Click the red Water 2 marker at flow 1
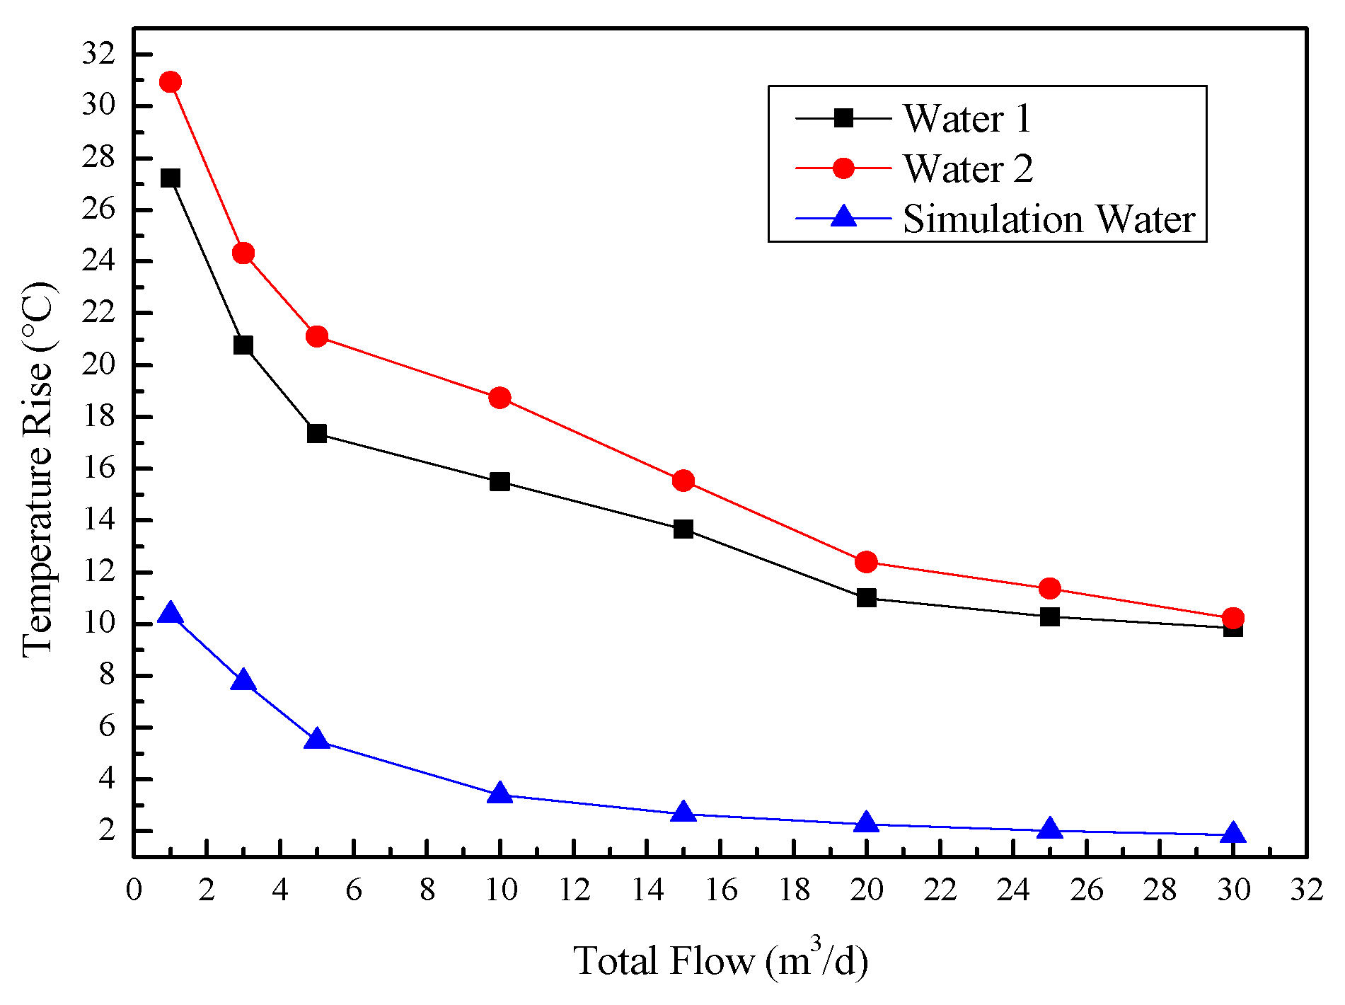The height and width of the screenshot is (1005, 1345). (x=170, y=82)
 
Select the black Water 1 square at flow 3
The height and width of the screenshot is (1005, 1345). (x=243, y=345)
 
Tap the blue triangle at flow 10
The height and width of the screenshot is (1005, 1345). (x=500, y=793)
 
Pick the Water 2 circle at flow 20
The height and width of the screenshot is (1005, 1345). (x=866, y=562)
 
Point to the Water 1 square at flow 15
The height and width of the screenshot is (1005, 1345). (x=683, y=529)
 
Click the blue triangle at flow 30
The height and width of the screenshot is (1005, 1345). (x=1233, y=833)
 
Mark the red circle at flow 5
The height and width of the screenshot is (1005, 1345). (x=316, y=336)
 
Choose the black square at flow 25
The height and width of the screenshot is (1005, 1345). (x=1049, y=616)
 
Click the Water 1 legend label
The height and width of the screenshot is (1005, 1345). (x=966, y=118)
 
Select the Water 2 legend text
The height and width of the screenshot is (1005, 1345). (x=968, y=168)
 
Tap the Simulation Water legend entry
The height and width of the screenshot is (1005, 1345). (x=1049, y=219)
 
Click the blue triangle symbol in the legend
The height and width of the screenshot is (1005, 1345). (x=843, y=217)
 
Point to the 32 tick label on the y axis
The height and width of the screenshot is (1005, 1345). (x=98, y=54)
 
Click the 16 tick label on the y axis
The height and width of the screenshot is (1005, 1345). (x=98, y=468)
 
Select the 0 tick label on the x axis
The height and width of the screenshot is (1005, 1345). (x=134, y=890)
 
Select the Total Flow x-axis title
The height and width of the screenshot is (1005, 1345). (x=720, y=960)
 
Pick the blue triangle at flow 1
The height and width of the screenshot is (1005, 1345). (x=170, y=614)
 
